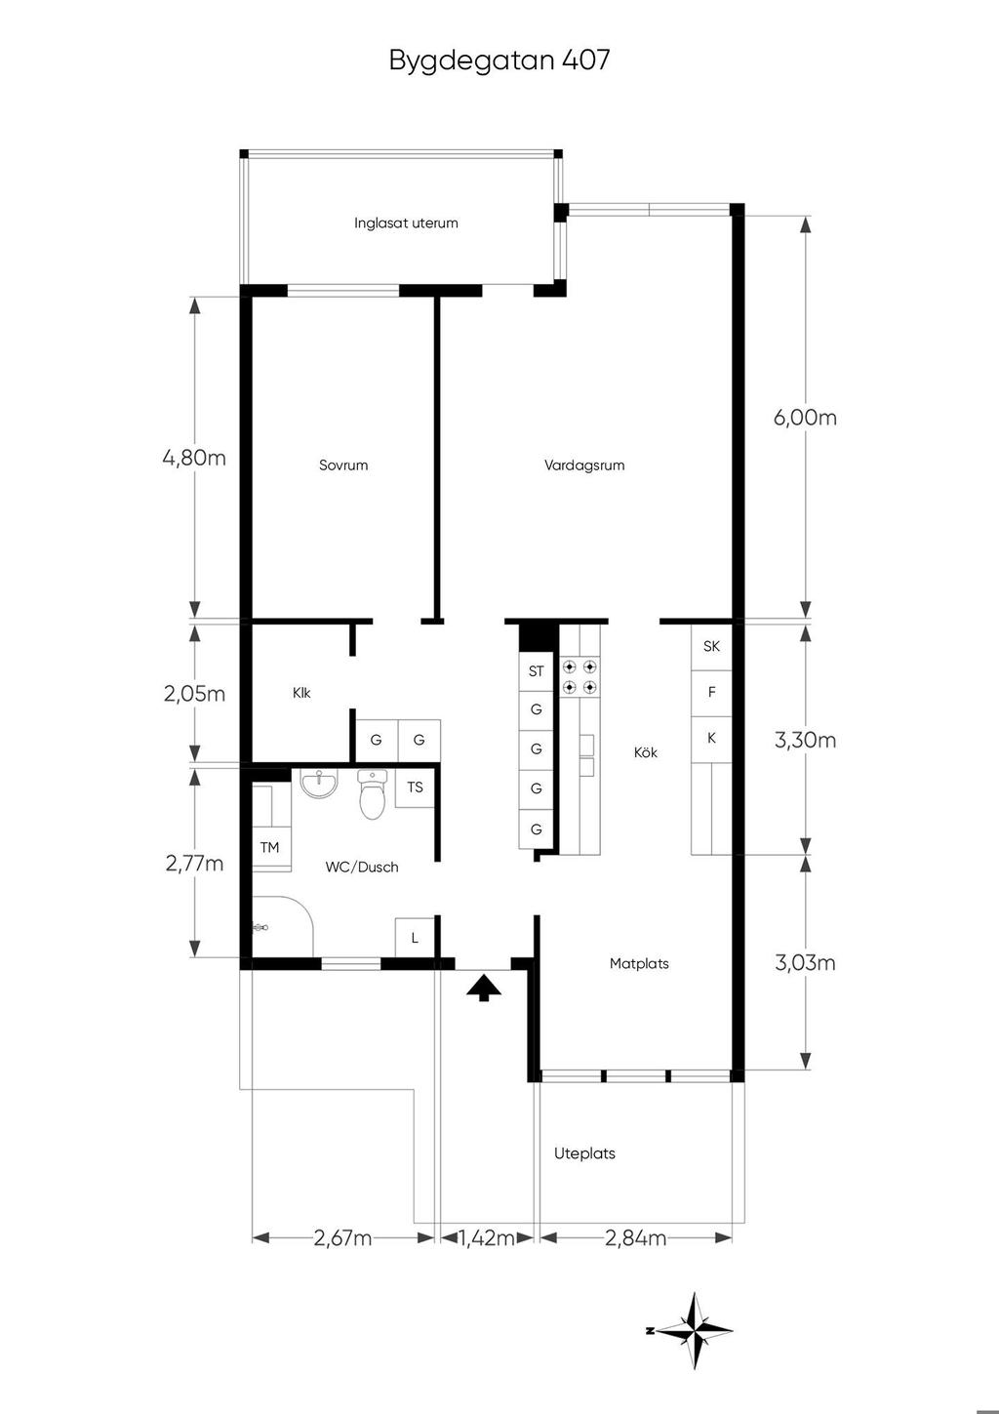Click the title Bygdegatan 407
[499, 61]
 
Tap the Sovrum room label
[343, 465]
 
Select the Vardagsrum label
[584, 465]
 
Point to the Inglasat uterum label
[406, 222]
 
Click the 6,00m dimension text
[805, 418]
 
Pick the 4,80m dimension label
[194, 457]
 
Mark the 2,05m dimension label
[194, 694]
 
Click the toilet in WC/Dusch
[372, 793]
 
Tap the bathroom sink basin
[319, 783]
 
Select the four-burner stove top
[579, 676]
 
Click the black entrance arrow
[484, 988]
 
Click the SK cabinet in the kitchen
[711, 647]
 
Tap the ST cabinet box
[536, 671]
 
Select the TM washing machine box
[270, 848]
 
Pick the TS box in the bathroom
[415, 788]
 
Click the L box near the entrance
[415, 938]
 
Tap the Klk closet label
[301, 693]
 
